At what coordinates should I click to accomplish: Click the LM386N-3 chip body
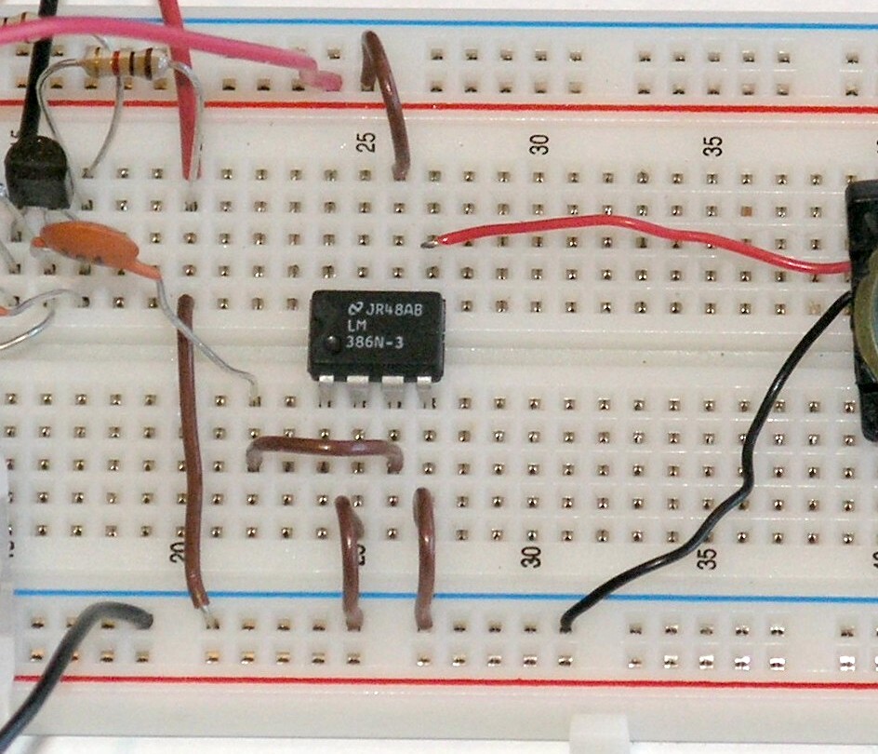click(x=377, y=335)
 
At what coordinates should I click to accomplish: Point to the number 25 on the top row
click(x=368, y=142)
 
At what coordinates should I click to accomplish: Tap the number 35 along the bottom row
click(x=710, y=557)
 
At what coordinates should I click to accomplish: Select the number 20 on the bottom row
click(x=180, y=553)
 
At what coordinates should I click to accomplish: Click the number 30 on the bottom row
click(x=532, y=556)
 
